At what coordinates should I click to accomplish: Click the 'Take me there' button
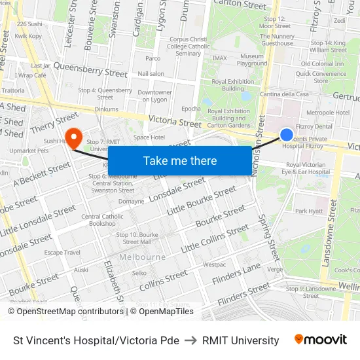[x=179, y=160]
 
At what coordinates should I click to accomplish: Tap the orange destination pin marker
[x=74, y=138]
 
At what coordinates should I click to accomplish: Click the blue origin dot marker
[x=286, y=135]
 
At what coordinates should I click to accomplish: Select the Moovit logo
[x=320, y=340]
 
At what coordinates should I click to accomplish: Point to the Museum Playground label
[x=252, y=60]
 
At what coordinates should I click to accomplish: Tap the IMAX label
[x=219, y=58]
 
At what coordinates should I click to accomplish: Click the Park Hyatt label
[x=309, y=211]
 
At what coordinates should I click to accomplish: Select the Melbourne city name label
[x=143, y=257]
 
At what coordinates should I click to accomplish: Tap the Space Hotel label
[x=149, y=137]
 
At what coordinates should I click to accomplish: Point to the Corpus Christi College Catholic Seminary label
[x=189, y=46]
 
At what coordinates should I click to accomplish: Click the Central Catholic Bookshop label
[x=102, y=220]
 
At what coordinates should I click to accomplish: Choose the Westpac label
[x=214, y=265]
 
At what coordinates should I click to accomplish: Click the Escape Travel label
[x=62, y=252]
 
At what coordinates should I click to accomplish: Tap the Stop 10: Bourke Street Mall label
[x=137, y=238]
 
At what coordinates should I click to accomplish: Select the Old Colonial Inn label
[x=322, y=63]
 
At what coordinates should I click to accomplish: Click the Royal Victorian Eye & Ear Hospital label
[x=308, y=168]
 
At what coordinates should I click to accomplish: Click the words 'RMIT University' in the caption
[x=240, y=340]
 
